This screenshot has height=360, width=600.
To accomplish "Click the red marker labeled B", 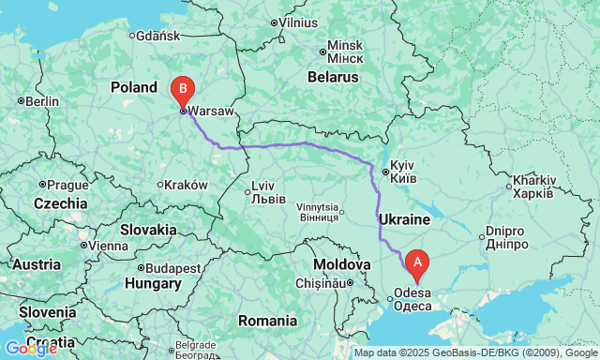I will pos(183,92).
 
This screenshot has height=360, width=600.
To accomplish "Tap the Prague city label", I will pos(67,185).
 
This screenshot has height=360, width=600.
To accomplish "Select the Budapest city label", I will pos(174,268).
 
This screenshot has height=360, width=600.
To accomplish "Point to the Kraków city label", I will pos(185,185).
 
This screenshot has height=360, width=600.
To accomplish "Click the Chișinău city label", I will pos(322,282).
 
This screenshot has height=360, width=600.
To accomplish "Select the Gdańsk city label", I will pos(157,37).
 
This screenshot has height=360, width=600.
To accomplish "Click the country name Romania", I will pos(267,321).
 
